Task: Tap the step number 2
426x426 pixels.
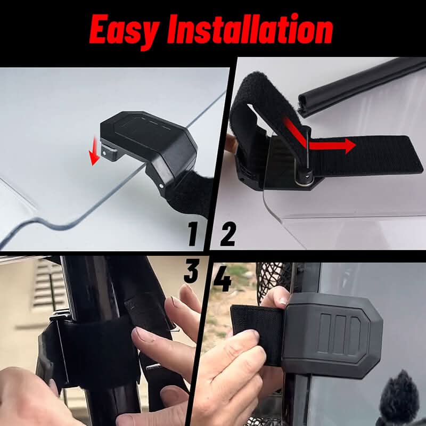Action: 227,235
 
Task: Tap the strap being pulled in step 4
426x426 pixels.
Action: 256,333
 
